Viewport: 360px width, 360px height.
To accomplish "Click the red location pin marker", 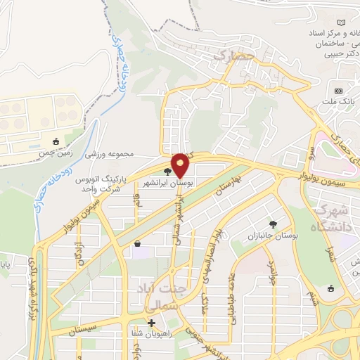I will [x=180, y=165].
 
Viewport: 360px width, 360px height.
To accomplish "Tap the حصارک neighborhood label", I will [x=232, y=54].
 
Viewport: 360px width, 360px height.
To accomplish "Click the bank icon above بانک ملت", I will [x=338, y=91].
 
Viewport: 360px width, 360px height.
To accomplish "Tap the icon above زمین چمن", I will [x=56, y=141].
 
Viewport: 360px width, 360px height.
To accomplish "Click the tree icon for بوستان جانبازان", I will [x=273, y=224].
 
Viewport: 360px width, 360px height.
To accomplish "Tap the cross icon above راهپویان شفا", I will [x=151, y=323].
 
